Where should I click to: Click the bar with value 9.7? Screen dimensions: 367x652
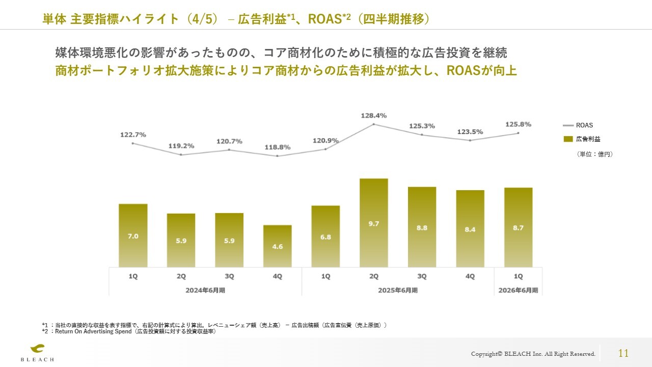tap(373, 223)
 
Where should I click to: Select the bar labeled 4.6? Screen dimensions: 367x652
tap(277, 246)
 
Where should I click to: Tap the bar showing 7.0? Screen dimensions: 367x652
tap(133, 235)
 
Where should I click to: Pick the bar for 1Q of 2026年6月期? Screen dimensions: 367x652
tap(518, 227)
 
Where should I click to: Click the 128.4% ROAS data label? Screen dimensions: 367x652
tap(373, 116)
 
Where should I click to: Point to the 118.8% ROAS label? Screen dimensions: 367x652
tap(277, 147)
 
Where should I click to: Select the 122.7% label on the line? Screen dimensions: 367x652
tap(133, 135)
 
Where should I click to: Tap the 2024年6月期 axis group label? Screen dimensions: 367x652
tap(205, 290)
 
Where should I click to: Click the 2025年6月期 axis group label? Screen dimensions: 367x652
tap(397, 290)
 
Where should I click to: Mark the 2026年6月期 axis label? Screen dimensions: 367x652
tap(518, 290)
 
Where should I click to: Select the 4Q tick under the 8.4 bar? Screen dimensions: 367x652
tap(470, 276)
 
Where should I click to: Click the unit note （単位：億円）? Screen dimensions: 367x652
tap(594, 154)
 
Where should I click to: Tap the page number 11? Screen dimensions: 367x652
tap(623, 353)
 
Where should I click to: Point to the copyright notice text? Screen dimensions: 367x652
tap(533, 354)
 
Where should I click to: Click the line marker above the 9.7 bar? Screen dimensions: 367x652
tap(373, 124)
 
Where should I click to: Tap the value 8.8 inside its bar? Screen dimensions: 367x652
tap(422, 228)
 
